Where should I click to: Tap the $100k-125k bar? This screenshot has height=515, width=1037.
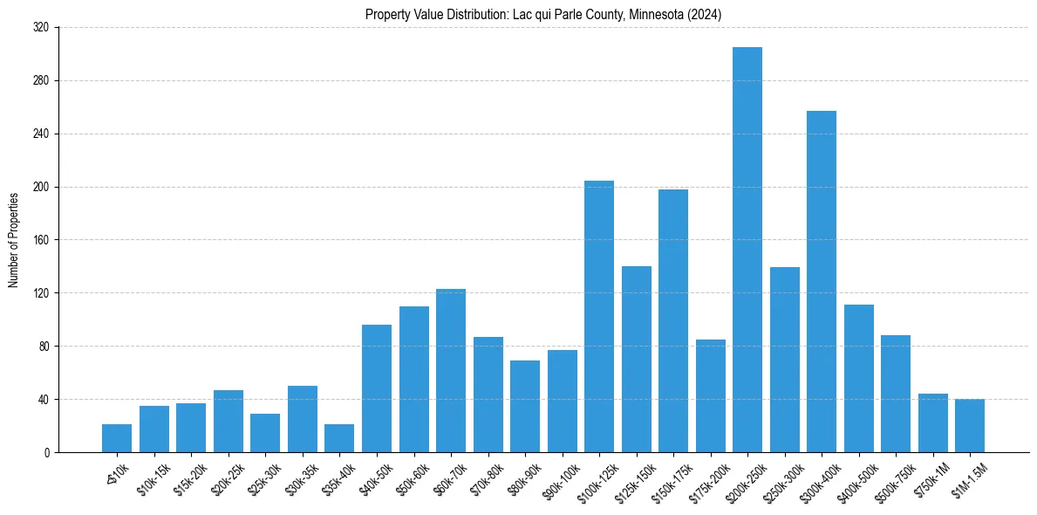point(599,316)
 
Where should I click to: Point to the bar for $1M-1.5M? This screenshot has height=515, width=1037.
point(970,426)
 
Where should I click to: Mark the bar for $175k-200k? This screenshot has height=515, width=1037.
point(710,395)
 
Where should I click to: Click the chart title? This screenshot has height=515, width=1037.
point(543,15)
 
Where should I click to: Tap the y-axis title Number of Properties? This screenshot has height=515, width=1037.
point(14,240)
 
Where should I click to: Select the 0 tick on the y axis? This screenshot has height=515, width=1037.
point(49,452)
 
